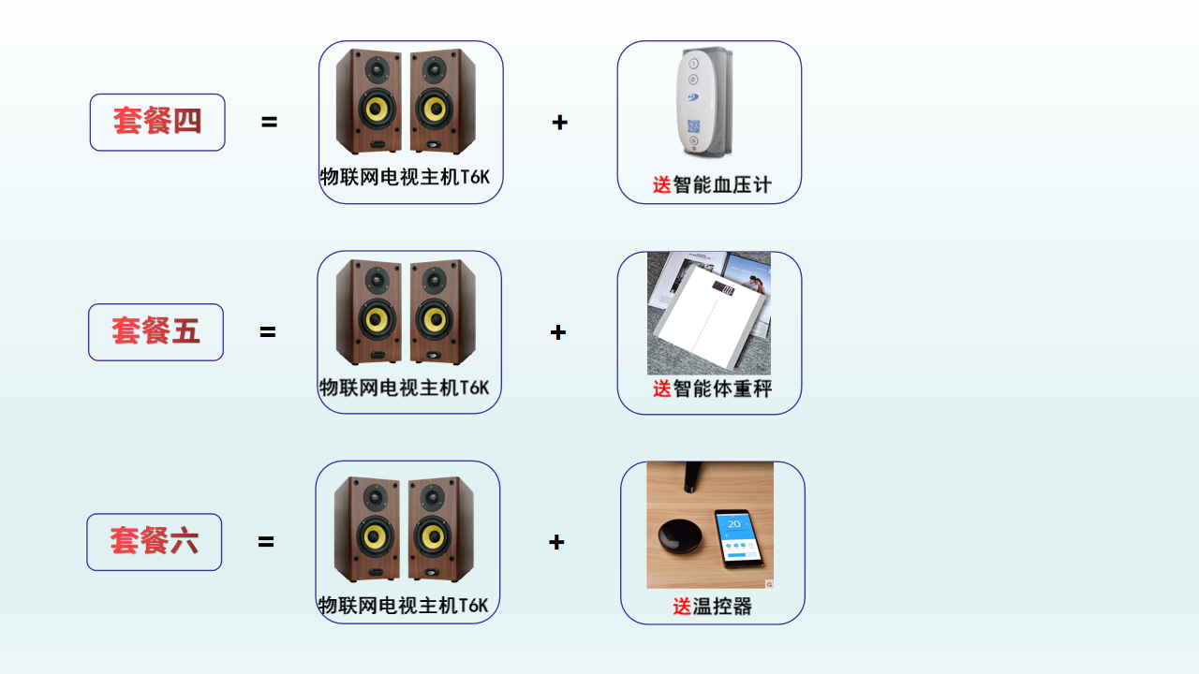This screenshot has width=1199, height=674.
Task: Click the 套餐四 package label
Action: pos(157,122)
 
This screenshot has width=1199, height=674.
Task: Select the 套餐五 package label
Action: pos(155,331)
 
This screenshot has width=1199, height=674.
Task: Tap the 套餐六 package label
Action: pos(154,541)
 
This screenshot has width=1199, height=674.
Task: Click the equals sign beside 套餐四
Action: pos(270,123)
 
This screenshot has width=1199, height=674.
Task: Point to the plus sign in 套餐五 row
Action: pos(558,332)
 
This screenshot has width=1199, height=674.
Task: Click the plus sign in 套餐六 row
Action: pos(556,542)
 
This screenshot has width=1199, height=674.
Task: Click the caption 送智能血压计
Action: pos(712,185)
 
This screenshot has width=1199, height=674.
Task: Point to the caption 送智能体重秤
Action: pos(712,388)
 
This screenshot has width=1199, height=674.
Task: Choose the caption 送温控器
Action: pos(712,607)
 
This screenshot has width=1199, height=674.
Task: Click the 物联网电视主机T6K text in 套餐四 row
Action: pos(405,177)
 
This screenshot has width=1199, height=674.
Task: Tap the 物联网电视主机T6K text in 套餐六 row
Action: pos(403,605)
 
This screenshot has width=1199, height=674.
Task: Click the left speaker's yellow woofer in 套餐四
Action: pos(377,110)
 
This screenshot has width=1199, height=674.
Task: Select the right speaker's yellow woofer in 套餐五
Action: pos(433,320)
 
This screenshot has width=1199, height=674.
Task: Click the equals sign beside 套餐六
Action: pos(266,542)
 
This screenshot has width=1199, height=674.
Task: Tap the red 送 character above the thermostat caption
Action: pos(682,607)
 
